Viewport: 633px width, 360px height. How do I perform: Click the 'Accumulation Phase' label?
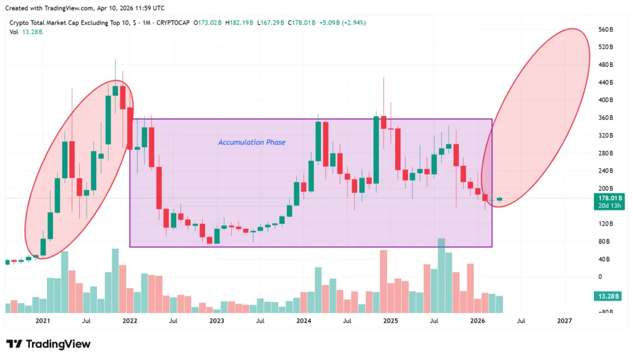pos(252,142)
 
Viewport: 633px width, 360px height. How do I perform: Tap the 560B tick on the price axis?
pos(606,30)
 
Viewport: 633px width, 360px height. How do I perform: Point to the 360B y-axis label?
pos(606,118)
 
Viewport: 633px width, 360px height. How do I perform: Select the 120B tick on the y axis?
pos(606,223)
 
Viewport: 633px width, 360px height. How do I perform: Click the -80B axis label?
pos(605,312)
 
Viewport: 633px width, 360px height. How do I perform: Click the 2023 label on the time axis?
pos(216,321)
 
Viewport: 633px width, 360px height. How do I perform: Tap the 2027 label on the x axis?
pos(564,321)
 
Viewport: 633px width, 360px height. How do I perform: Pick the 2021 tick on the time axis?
pos(43,321)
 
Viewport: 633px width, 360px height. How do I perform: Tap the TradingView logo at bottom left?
pos(48,344)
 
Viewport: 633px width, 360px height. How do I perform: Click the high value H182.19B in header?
pos(238,23)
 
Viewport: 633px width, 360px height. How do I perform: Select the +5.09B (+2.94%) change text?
pos(342,23)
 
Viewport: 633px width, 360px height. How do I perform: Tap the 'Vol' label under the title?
pos(14,32)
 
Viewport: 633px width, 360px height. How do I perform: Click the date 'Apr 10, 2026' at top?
pos(117,8)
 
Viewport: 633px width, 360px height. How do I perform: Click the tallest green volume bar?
pos(441,275)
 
